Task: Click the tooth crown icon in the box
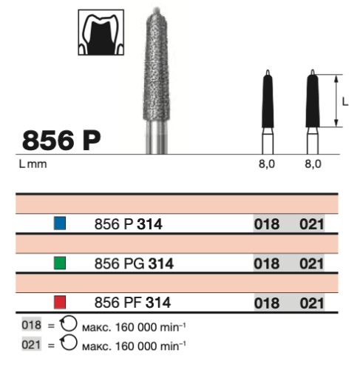point(101,33)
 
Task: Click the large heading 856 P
point(61,141)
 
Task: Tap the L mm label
point(33,164)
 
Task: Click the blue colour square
point(60,223)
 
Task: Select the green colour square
point(60,263)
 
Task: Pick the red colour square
point(60,302)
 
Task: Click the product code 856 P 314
point(129,224)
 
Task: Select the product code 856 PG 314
point(134,263)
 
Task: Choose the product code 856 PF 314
point(132,303)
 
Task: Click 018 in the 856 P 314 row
point(267,224)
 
